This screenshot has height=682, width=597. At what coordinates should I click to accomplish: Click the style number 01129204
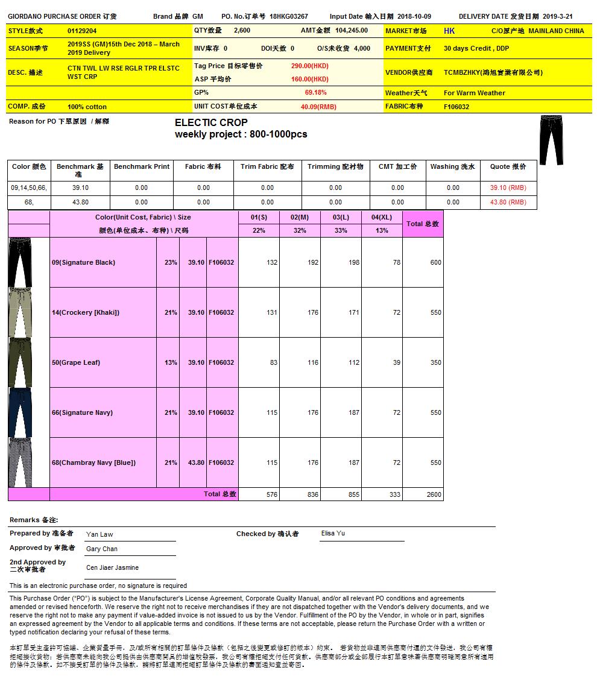[x=82, y=31]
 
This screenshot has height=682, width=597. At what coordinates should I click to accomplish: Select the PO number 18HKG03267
[x=288, y=16]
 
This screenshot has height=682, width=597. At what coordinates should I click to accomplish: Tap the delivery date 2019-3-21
[x=557, y=16]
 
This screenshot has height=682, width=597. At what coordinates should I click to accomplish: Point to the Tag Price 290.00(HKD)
[x=309, y=66]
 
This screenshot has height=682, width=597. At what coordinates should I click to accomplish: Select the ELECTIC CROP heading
[x=211, y=123]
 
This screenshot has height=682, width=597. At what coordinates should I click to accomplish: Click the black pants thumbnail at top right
[x=551, y=140]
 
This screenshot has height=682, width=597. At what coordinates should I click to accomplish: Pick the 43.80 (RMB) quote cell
[x=508, y=202]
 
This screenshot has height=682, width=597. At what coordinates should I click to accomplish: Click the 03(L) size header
[x=341, y=217]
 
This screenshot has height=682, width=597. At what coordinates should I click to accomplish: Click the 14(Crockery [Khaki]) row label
[x=86, y=312]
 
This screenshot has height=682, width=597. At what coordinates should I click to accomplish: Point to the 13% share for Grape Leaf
[x=171, y=362]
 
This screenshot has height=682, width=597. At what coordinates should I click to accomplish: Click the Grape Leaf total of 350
[x=435, y=362]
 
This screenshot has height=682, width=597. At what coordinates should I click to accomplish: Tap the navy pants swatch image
[x=20, y=412]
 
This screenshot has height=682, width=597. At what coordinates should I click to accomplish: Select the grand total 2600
[x=434, y=494]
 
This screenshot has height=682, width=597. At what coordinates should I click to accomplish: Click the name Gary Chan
[x=102, y=549]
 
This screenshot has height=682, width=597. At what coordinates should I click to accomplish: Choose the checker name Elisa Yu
[x=333, y=533]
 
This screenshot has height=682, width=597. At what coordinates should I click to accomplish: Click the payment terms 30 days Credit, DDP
[x=476, y=48]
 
